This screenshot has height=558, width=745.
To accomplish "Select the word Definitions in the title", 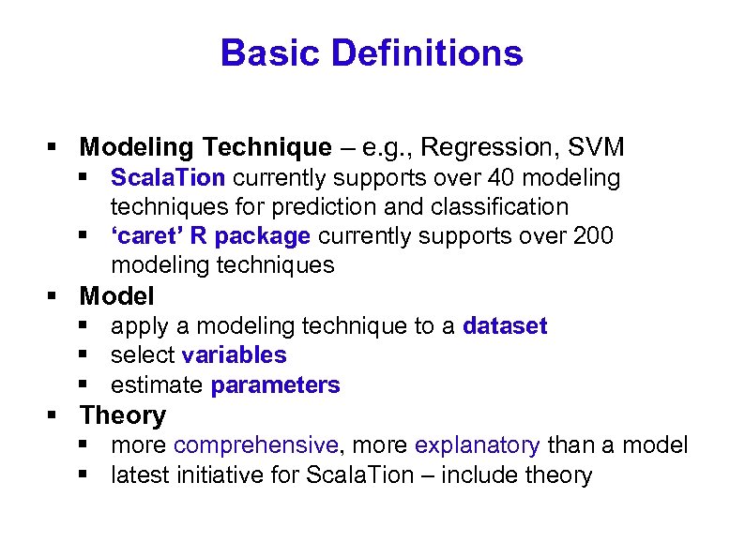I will point(423,53).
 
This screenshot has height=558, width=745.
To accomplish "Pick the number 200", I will point(592,235).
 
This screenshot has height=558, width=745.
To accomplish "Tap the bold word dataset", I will point(505,326).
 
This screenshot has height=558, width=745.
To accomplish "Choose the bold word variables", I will point(234,355).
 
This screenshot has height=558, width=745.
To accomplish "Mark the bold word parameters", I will point(275,385).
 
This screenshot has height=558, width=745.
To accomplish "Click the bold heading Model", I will point(117,296).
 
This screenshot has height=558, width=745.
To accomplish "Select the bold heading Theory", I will point(123,415).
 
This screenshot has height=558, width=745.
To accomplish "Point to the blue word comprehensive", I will point(255,445).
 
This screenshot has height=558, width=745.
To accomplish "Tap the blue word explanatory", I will point(477,445).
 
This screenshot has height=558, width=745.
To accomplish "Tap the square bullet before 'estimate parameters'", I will point(84,385).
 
